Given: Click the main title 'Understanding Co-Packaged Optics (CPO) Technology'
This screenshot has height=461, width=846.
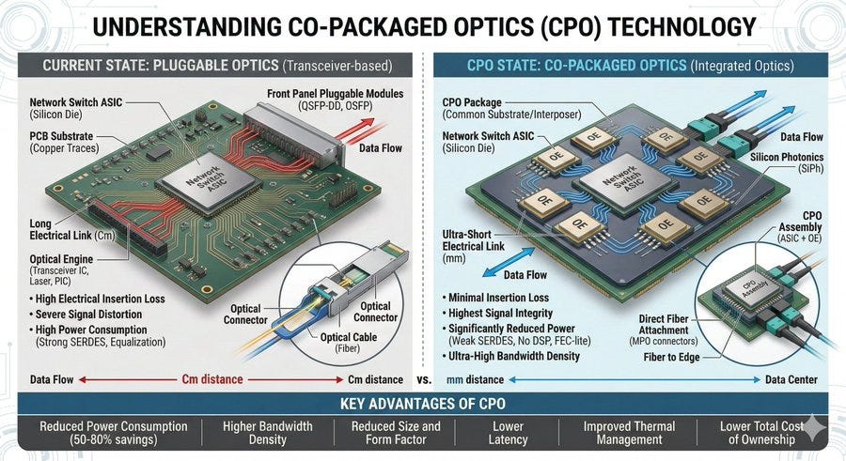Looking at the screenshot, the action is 424,27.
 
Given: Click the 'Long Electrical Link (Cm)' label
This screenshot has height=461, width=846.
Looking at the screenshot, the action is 71,229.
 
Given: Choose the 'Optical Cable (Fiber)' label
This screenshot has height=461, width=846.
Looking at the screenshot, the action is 349,343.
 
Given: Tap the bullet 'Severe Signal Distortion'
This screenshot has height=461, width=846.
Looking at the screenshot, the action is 86,315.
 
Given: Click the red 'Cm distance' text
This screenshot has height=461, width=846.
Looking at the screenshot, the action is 212,379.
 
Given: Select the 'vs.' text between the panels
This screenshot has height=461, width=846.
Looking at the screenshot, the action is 425,379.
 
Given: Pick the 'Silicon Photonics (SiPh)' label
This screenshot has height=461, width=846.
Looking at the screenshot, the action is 787,162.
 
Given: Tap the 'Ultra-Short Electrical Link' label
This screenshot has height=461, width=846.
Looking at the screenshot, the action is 473,240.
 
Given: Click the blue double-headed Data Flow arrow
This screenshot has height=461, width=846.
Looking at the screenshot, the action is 509,262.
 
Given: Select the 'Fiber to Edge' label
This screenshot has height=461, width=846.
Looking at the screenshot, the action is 671,357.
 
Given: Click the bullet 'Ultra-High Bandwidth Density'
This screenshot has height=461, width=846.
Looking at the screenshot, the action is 510,356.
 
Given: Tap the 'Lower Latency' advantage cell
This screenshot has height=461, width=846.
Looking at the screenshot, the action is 508,433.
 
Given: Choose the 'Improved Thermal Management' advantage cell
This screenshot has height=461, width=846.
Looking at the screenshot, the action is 629,433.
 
